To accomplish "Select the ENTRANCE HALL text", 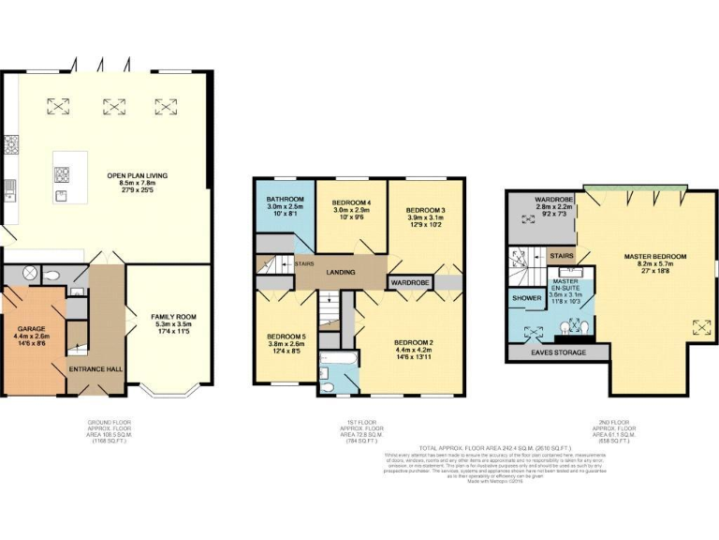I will tap(97, 369).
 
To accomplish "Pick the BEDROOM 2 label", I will tap(413, 344).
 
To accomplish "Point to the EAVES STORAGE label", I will tap(559, 352).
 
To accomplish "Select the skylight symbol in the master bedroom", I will tap(698, 326).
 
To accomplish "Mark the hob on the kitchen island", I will tap(64, 173).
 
